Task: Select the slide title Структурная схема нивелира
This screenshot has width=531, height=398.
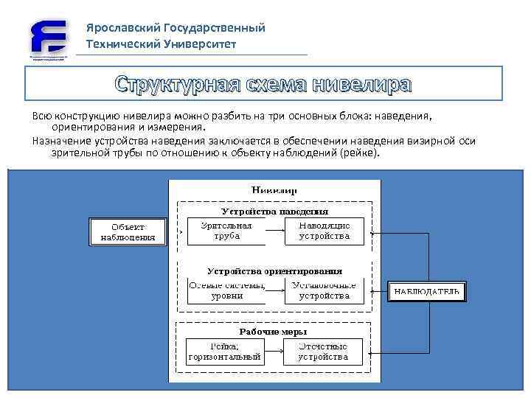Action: tap(263, 84)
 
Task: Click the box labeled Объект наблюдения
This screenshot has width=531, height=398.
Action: tap(128, 231)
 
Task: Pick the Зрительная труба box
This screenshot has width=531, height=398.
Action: tap(226, 231)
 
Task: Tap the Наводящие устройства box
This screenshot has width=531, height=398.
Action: tap(324, 231)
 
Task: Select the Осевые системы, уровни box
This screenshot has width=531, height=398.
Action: tap(226, 290)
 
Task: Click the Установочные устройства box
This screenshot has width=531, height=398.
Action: tap(324, 290)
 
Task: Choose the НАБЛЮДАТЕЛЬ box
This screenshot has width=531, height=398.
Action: tap(426, 291)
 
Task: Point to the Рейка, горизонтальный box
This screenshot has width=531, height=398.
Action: tap(225, 352)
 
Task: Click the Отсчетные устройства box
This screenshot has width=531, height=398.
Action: tap(323, 352)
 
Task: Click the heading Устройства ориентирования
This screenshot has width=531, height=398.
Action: tap(274, 270)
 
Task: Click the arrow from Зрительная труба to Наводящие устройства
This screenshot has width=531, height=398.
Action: tap(274, 231)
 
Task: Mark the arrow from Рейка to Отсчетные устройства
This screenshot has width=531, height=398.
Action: tap(274, 352)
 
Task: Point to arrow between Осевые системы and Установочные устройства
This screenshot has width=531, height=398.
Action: tap(274, 291)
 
